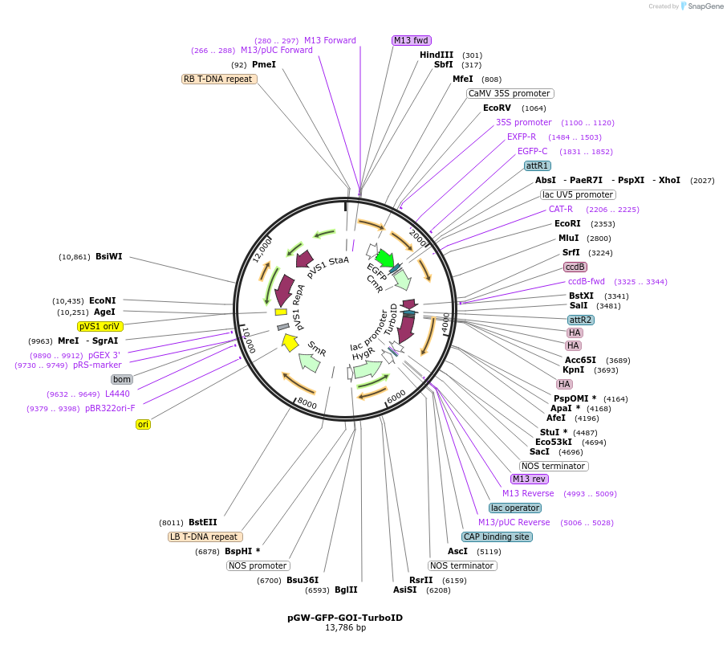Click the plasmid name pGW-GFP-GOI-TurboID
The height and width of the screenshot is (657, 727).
[345, 618]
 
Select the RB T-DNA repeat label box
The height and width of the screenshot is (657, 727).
[219, 79]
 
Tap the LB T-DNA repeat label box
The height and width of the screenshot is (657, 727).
[205, 537]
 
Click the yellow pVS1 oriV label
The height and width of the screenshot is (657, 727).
[100, 327]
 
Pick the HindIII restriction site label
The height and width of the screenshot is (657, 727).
[437, 55]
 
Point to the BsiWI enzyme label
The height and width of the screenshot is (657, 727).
[109, 257]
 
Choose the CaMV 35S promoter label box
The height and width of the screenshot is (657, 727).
[510, 93]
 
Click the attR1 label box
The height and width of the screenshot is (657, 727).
[537, 165]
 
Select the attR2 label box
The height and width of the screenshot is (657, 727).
[581, 320]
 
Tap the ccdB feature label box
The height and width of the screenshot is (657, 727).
[575, 267]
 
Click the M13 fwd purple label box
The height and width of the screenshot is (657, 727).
[411, 40]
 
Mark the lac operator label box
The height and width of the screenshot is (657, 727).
[515, 508]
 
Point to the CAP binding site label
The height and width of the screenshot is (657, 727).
[497, 537]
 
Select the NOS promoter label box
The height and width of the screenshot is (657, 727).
[258, 565]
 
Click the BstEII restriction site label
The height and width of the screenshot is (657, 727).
[203, 522]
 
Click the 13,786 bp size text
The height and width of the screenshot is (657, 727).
[345, 628]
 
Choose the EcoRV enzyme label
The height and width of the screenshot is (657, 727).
[497, 108]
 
